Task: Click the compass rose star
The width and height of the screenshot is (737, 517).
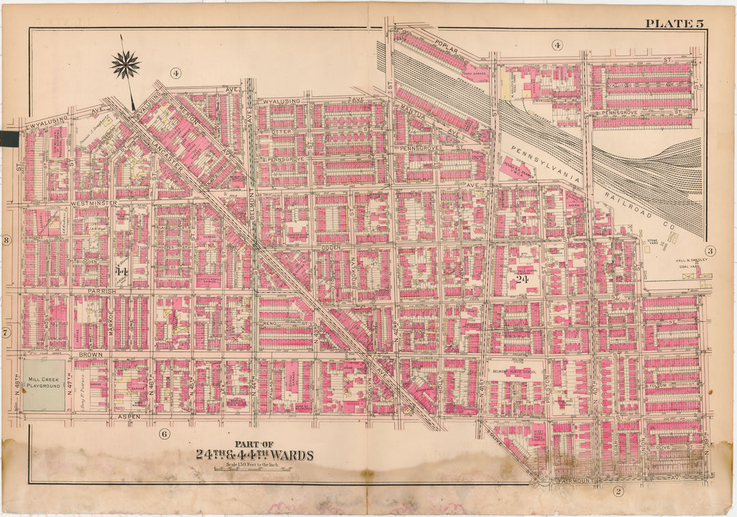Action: (125, 65)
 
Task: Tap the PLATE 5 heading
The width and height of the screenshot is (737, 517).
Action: (674, 24)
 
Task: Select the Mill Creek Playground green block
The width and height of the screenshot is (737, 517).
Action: (44, 386)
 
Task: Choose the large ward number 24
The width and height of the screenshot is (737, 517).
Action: (523, 279)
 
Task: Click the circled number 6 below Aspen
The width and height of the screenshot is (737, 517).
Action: (164, 434)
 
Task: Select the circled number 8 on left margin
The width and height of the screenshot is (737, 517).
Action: (5, 240)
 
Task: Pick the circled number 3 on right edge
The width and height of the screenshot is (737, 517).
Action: (710, 251)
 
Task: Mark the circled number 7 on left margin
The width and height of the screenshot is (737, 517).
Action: (5, 333)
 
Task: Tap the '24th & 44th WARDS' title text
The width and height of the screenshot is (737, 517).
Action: (254, 455)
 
